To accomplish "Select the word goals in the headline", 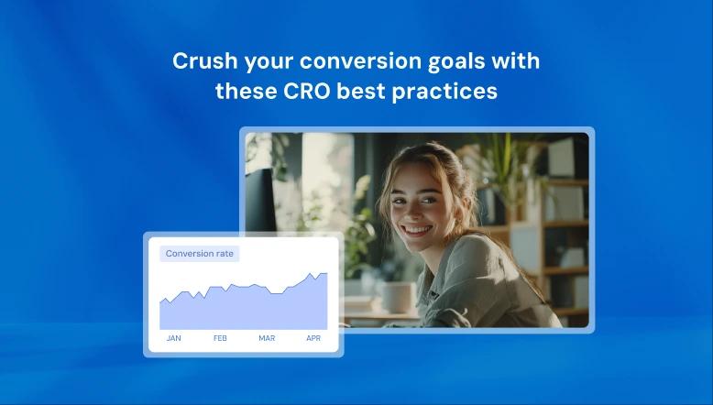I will coord(462,61).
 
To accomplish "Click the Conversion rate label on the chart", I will coord(200,254).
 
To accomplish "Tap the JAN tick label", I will coord(173,338).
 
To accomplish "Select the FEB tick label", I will coord(220,338).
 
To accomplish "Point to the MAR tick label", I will coord(267,338).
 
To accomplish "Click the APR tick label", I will coord(313,338).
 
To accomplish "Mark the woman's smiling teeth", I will coord(418,228).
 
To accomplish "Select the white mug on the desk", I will coord(397,296).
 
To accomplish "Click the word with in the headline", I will coord(515,61).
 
